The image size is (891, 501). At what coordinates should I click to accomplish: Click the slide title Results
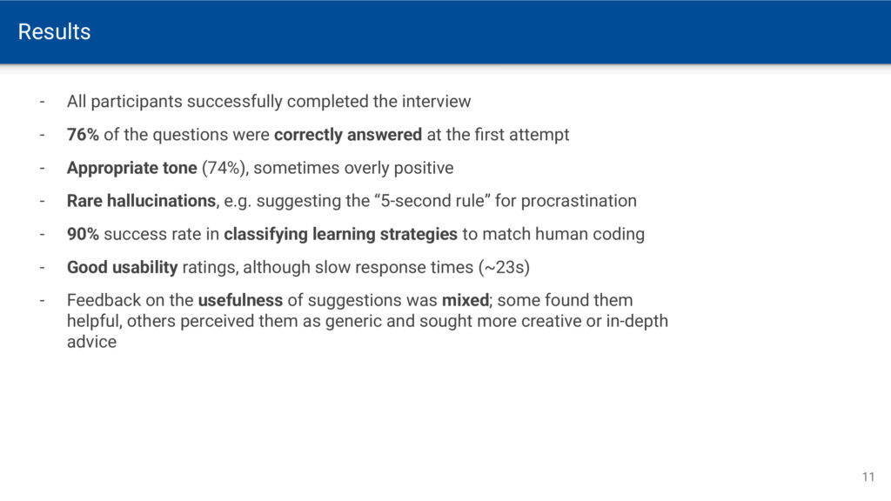point(54,32)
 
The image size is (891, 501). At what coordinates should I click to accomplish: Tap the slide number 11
point(868,478)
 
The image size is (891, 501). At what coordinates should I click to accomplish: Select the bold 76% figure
point(83,135)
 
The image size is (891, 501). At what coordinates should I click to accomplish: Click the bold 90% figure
point(83,234)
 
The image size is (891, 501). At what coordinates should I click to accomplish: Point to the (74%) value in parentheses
point(225,168)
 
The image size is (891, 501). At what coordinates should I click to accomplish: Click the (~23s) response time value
point(504,268)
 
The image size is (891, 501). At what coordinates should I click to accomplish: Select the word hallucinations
point(161,201)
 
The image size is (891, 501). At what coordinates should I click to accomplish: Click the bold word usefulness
point(240,300)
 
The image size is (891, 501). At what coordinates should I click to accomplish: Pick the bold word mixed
point(466,300)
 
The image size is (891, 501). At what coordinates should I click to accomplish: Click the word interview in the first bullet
point(437,102)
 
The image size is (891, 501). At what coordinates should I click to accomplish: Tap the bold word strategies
point(419,235)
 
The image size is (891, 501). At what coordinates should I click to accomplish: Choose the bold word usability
point(145,268)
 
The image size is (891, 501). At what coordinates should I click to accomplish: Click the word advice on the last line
point(91,342)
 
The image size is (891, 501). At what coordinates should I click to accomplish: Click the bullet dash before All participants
point(42,103)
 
